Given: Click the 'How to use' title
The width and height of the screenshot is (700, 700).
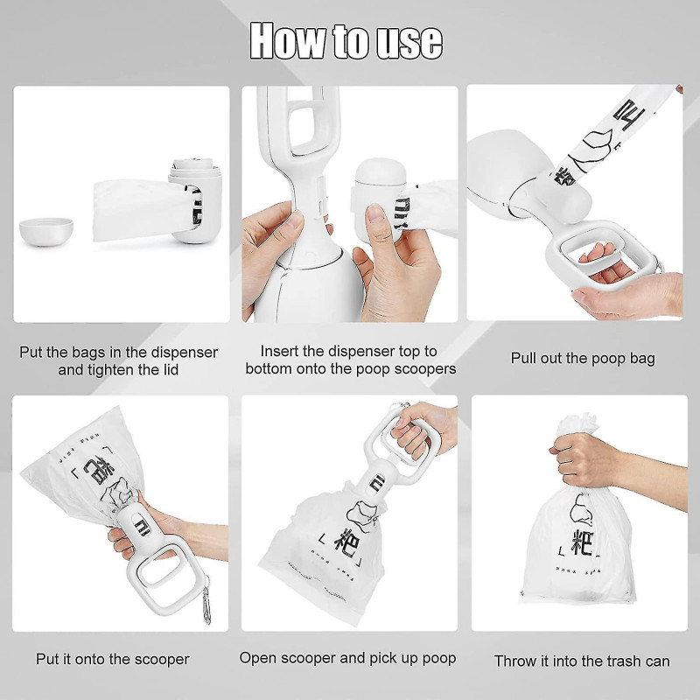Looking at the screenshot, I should tap(346, 40).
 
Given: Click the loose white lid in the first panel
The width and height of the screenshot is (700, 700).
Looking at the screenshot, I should tap(45, 231).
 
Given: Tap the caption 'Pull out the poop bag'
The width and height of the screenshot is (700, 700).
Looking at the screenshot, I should tap(582, 358).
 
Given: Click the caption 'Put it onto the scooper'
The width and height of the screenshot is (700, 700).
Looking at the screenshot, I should tap(112, 659).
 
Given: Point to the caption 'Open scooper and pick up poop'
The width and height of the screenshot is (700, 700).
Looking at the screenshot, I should tap(348, 658).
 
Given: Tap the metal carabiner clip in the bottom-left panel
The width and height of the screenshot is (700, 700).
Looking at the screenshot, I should tap(206, 605).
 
